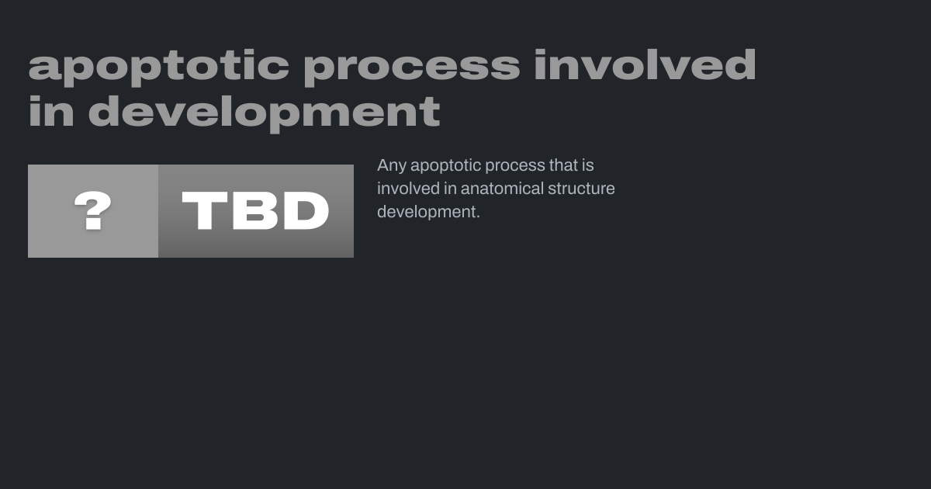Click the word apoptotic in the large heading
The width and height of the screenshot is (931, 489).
tap(159, 68)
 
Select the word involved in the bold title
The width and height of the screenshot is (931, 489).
tap(645, 64)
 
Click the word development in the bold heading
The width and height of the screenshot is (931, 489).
tap(265, 113)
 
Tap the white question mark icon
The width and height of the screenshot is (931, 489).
tap(92, 210)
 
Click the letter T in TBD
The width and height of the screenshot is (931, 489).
tap(205, 210)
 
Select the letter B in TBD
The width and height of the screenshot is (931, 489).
tap(254, 210)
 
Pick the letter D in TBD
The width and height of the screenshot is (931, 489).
tap(306, 210)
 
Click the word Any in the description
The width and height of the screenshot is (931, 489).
tap(392, 166)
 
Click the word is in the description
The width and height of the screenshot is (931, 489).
tap(588, 165)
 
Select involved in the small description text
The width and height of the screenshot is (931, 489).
tap(408, 189)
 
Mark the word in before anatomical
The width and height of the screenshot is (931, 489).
tap(450, 189)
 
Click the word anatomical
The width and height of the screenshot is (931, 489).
tap(502, 189)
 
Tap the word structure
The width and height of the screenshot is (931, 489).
tap(581, 189)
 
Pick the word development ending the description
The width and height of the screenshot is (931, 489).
tap(427, 213)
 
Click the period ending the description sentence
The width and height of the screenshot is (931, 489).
tap(478, 217)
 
